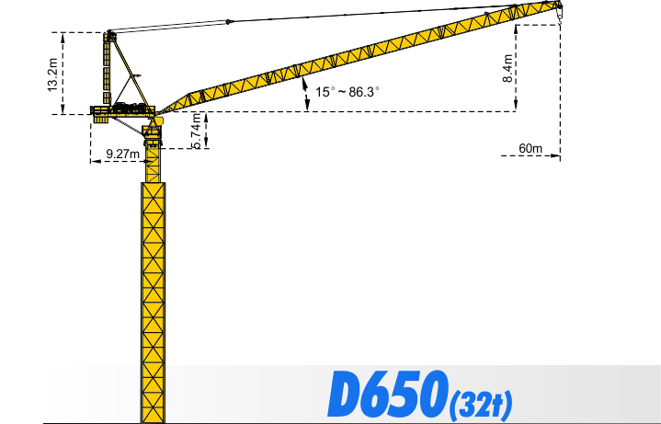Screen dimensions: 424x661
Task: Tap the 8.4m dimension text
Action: [x=508, y=68]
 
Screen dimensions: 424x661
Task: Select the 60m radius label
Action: [x=531, y=148]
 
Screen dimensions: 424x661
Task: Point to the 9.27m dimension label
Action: [x=120, y=154]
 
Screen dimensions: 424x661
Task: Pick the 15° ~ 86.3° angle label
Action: [x=348, y=92]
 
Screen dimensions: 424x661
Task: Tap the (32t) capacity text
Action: [x=481, y=402]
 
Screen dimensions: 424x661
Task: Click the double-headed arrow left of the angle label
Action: [x=305, y=93]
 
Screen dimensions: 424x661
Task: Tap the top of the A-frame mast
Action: [x=111, y=34]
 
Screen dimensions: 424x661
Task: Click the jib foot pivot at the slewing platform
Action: [x=158, y=115]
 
